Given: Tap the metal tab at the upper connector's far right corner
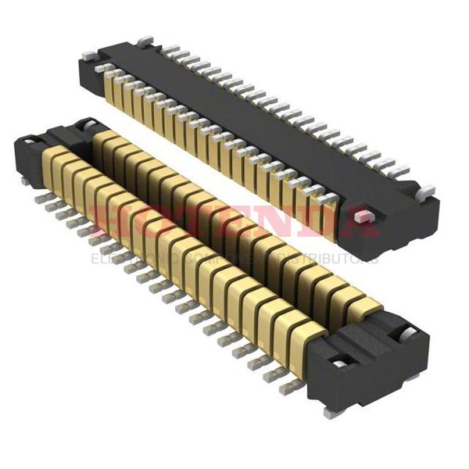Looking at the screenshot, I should point(426,191).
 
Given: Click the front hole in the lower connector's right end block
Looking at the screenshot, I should point(338,363).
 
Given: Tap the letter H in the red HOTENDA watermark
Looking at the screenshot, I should point(106,222).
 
